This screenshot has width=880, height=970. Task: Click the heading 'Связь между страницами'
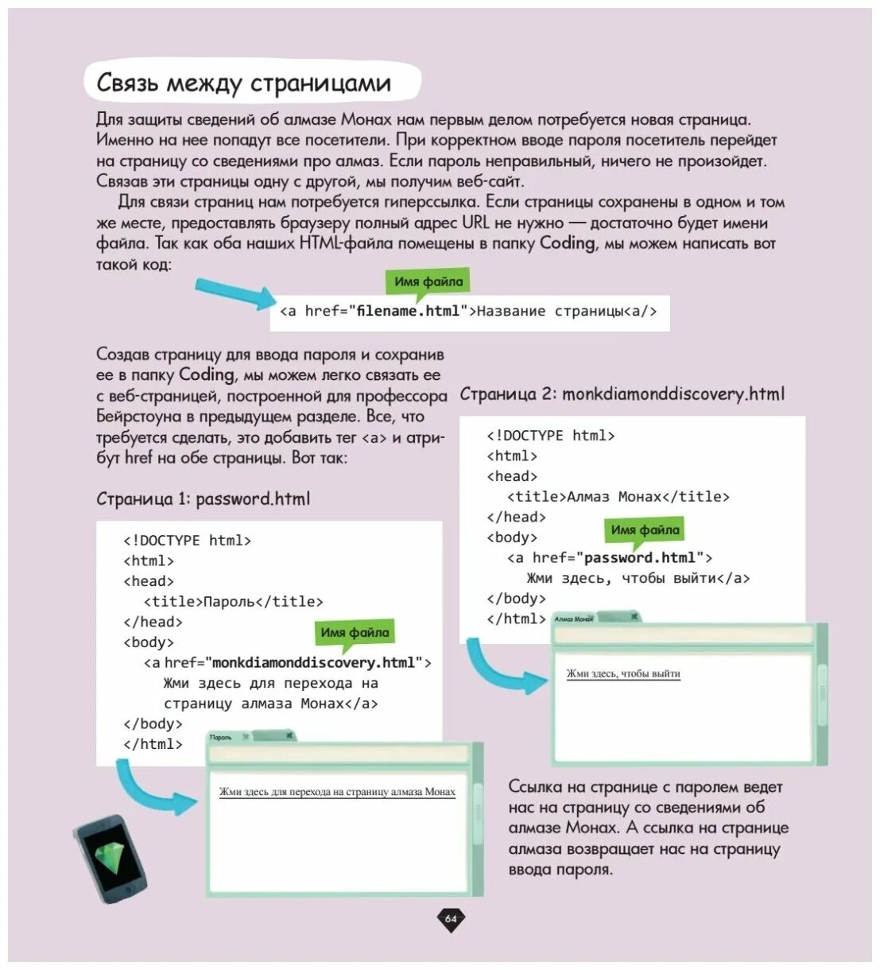(x=243, y=83)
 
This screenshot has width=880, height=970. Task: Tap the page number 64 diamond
(x=451, y=919)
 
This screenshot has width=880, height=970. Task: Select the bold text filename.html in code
(x=408, y=311)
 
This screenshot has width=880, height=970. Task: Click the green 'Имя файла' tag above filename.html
(x=428, y=281)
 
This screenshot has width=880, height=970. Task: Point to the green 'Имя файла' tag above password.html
(x=645, y=530)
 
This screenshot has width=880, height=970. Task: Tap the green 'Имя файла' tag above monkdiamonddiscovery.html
(x=355, y=633)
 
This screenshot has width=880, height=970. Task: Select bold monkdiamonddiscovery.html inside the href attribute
(x=314, y=662)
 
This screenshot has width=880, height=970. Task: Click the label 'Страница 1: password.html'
(x=203, y=499)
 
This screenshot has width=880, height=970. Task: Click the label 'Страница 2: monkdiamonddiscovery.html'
(x=622, y=394)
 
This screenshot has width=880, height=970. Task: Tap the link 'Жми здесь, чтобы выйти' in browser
(x=623, y=673)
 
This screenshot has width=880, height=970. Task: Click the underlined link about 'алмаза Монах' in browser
(x=337, y=792)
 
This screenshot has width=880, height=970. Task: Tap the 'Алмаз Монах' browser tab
(x=574, y=618)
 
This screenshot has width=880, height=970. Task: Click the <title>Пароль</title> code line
(x=233, y=601)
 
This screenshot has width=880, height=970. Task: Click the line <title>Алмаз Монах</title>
(x=618, y=496)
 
